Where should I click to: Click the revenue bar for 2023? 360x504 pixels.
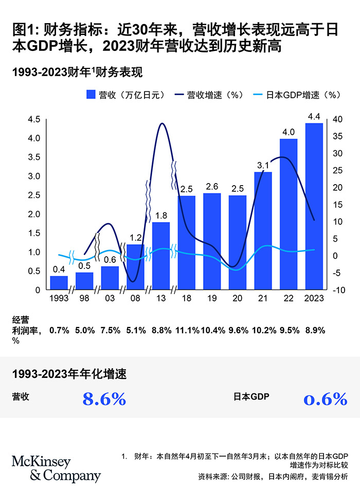pos(314,206)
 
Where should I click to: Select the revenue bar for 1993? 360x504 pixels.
pos(59,282)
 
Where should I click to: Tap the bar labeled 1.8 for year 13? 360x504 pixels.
pos(160,255)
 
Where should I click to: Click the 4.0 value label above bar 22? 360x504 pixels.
pos(289,132)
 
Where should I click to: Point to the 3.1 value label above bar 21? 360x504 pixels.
pos(263,165)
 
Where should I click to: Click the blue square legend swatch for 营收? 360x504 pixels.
pos(91,95)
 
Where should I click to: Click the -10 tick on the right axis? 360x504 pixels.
pos(337,290)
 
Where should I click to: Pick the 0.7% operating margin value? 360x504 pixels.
pos(59,331)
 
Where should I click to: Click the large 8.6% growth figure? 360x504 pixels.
pos(104,399)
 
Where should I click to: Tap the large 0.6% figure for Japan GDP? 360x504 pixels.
pos(326,399)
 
